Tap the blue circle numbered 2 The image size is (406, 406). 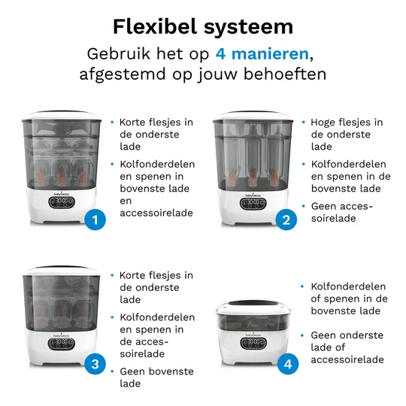tap(286, 220)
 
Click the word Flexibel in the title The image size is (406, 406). tap(155, 27)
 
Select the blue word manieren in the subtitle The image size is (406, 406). tap(271, 55)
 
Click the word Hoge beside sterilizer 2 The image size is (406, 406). tap(324, 122)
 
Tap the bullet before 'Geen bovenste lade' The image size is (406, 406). tap(111, 371)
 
